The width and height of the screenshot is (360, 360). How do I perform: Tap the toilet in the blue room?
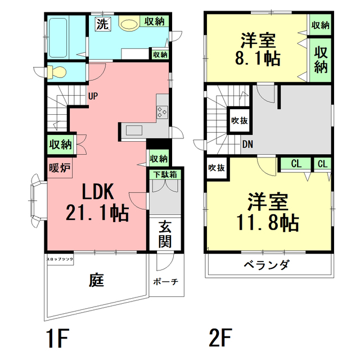[x=55, y=71]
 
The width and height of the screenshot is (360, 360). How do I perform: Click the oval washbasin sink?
[x=129, y=25]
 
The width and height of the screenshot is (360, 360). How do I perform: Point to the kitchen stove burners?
[x=163, y=111]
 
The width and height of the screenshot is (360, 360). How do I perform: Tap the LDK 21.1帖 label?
[x=97, y=202]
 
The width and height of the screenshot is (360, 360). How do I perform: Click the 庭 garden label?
[x=96, y=279]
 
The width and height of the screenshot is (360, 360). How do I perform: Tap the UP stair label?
[x=93, y=96]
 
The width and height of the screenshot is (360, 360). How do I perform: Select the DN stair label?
[x=247, y=144]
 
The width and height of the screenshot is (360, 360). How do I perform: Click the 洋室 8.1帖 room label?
[x=258, y=49]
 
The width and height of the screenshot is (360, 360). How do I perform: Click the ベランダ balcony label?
[x=267, y=264]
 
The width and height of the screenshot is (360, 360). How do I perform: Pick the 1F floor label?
[x=57, y=339]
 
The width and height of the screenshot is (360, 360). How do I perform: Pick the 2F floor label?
[x=220, y=339]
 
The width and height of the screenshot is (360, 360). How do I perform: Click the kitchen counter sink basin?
[x=134, y=130]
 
